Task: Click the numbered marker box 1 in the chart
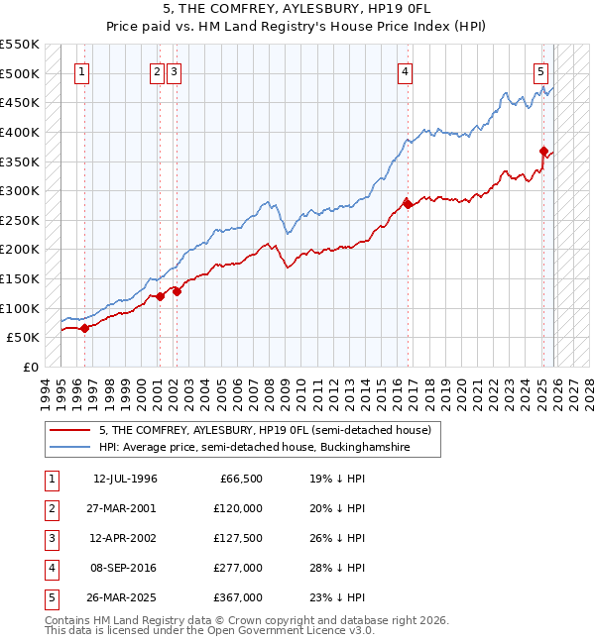(x=81, y=70)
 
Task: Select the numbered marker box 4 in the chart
(x=406, y=70)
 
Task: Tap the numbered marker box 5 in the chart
(x=540, y=70)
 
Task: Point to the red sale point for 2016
(x=407, y=204)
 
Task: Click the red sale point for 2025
(x=543, y=152)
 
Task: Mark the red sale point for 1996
(x=85, y=328)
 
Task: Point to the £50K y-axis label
(x=24, y=338)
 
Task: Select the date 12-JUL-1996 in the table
(x=125, y=479)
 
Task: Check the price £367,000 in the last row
(x=237, y=597)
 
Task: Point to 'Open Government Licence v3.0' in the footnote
(x=294, y=630)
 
